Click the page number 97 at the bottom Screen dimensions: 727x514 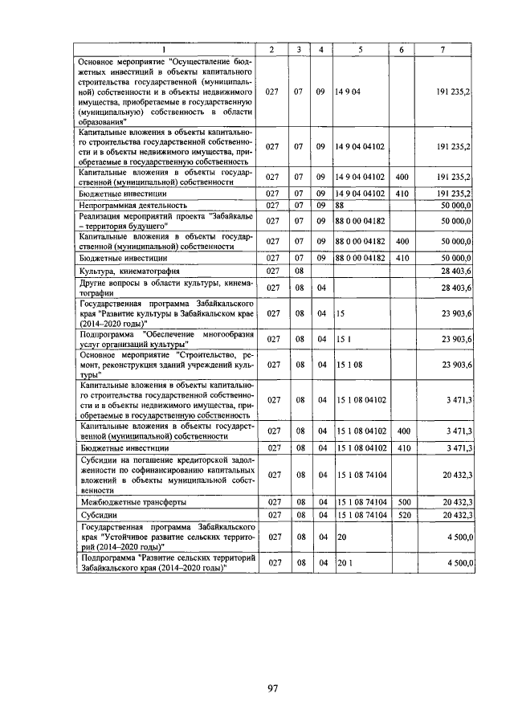(272, 688)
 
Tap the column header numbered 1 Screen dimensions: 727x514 (165, 50)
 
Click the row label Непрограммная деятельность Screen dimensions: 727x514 (122, 206)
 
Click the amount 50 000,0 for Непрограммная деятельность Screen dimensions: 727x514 (455, 206)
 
